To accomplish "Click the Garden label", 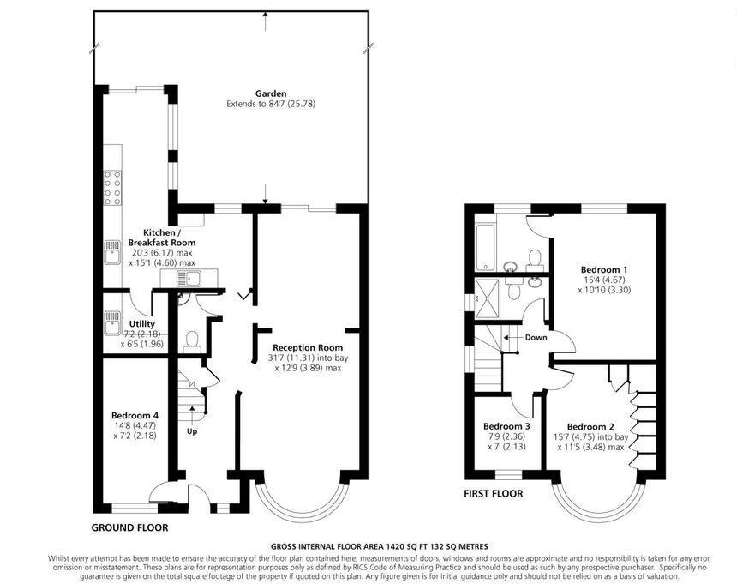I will [270, 93].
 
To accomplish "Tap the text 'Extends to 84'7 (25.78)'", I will [270, 104].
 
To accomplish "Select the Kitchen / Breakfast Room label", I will [161, 238].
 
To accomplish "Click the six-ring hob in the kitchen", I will [112, 190].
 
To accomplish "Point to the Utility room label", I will [141, 323].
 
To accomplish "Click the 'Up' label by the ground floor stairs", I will [192, 431].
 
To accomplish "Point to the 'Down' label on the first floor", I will [536, 337].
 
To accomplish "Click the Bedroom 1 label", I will [606, 268].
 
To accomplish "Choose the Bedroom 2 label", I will [591, 426].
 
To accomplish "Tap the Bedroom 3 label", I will [506, 426].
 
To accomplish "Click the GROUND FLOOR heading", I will [129, 527].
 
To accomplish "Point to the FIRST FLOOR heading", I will [494, 494].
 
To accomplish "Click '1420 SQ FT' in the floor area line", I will [395, 545].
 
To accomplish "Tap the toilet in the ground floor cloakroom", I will [191, 340].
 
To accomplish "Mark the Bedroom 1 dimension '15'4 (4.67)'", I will [606, 279].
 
